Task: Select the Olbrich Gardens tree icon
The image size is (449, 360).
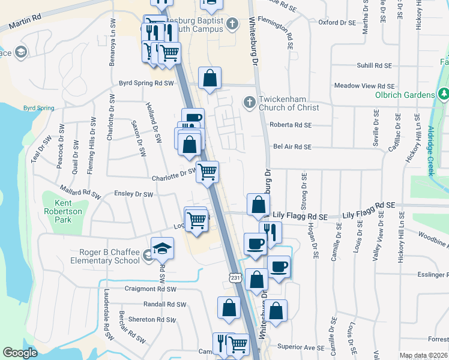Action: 443,94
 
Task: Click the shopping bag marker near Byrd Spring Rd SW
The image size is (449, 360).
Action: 209,78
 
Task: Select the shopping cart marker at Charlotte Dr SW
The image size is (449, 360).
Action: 207,172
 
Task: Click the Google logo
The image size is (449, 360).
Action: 20,353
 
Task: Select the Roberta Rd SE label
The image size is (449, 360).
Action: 291,125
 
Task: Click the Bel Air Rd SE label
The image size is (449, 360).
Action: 292,147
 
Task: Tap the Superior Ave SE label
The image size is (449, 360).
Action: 301,347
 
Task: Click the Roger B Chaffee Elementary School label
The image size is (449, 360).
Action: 105,257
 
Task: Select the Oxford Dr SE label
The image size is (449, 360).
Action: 337,23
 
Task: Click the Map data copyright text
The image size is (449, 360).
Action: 423,355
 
